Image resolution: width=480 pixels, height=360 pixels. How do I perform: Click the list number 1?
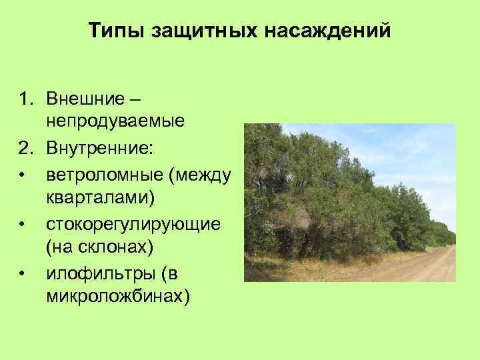coord(25,100)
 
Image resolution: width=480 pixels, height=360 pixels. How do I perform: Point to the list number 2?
coord(25,149)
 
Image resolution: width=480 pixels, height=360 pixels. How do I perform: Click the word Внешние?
coord(85,100)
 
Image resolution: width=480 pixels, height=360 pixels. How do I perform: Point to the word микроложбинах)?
coord(118,297)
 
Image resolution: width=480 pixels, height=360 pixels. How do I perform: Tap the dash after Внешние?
coord(135,100)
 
